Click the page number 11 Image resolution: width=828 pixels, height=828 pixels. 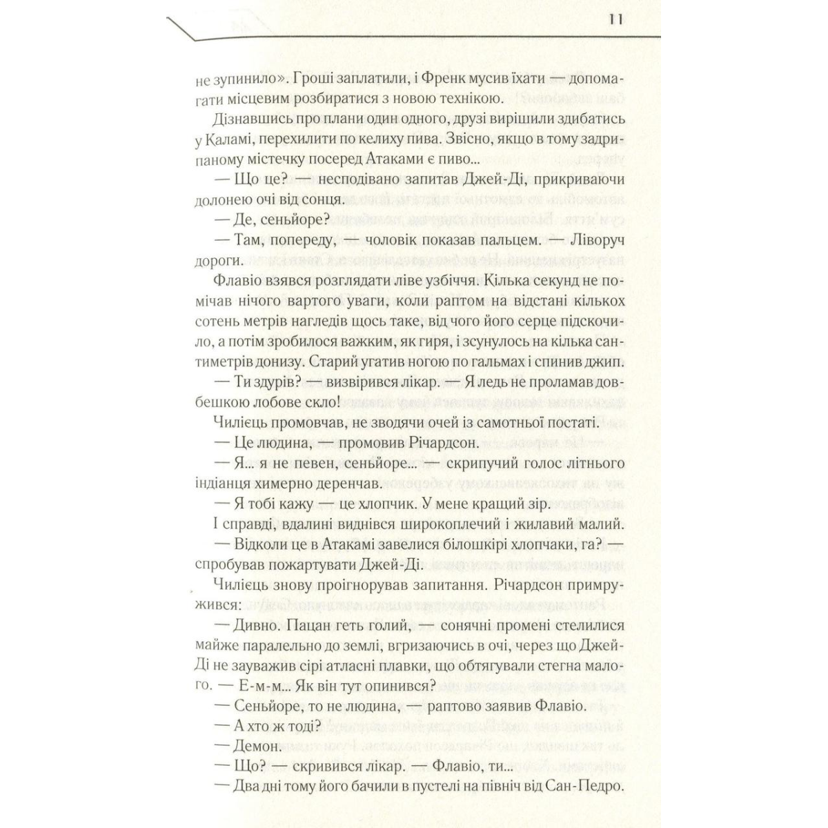616,19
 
